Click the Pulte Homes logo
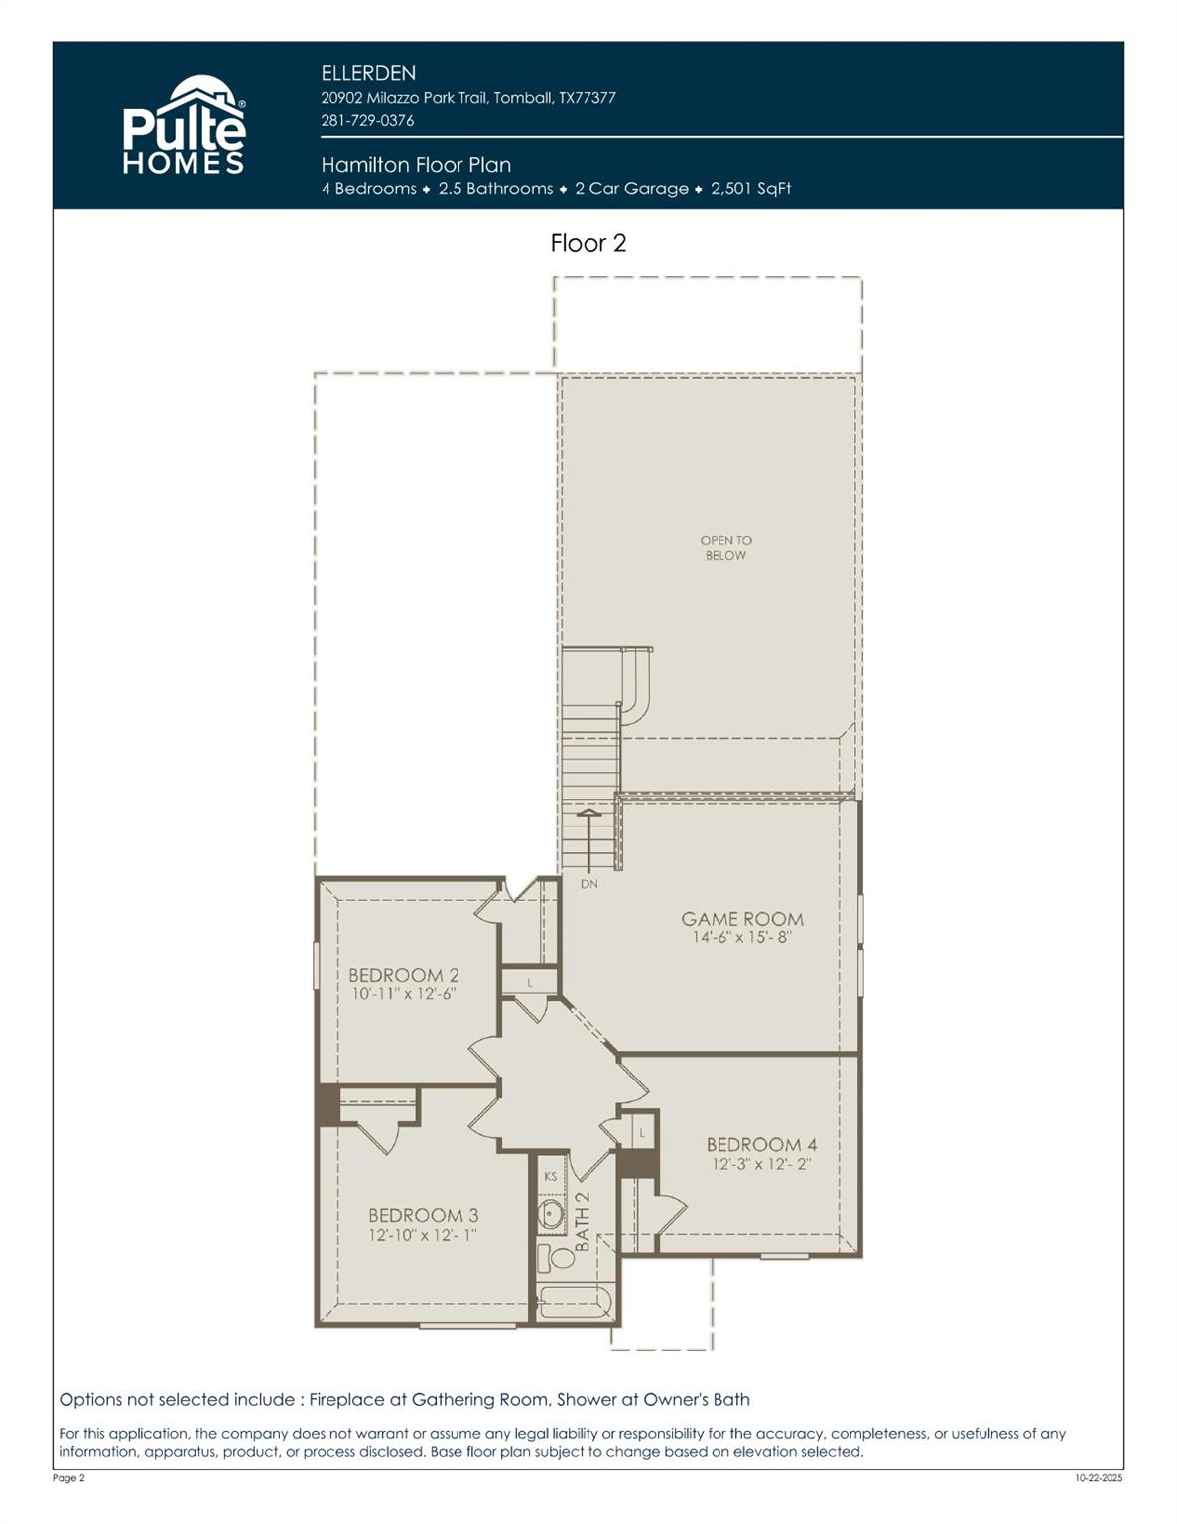(x=184, y=127)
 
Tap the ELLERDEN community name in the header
(x=368, y=73)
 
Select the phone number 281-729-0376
(x=367, y=120)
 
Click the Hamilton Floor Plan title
(x=416, y=165)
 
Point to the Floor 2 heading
(x=588, y=243)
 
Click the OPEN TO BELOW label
(x=725, y=548)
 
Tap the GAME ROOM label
(x=741, y=919)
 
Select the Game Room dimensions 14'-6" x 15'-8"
(x=741, y=937)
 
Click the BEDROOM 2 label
(x=403, y=975)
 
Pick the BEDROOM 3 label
(x=423, y=1215)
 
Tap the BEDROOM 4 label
(x=761, y=1144)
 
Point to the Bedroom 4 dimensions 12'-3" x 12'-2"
(x=761, y=1164)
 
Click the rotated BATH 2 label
(x=583, y=1220)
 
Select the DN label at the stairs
(x=589, y=884)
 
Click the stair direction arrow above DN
(x=588, y=838)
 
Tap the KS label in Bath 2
(x=551, y=1176)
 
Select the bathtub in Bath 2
(x=577, y=1301)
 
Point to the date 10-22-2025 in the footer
(x=1099, y=1478)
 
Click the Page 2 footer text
(x=68, y=1478)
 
